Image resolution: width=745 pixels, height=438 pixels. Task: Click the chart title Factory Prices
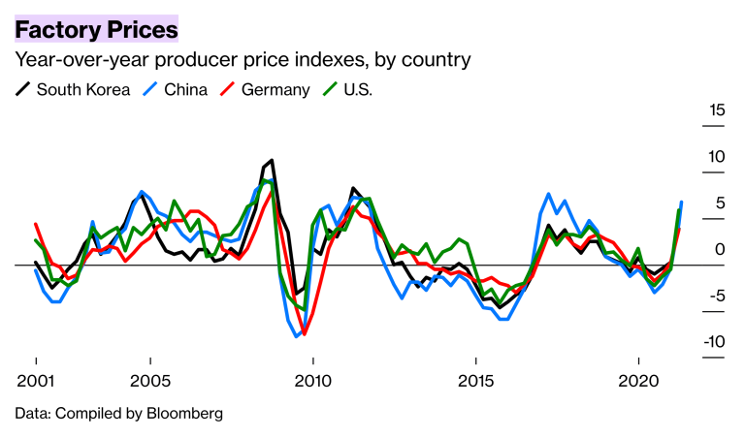(96, 30)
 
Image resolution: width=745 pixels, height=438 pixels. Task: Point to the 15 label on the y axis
(715, 109)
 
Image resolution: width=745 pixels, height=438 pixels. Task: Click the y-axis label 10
(715, 156)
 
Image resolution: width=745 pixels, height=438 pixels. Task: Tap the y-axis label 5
(719, 203)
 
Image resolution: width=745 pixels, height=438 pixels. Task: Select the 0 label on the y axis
(719, 249)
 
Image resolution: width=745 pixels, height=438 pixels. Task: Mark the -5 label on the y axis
(716, 296)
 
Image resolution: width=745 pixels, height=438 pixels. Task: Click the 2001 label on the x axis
(35, 379)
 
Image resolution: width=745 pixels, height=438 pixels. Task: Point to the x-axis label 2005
(150, 379)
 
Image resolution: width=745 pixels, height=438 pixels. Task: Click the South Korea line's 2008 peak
(272, 160)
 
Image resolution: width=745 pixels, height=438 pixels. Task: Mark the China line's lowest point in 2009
(297, 336)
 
